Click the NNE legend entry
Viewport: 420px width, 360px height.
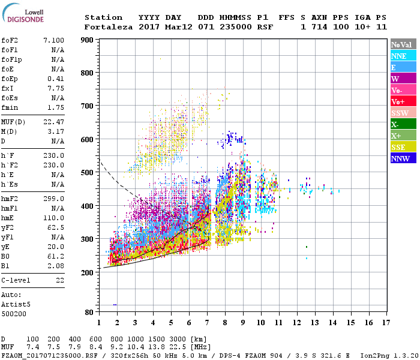coord(399,56)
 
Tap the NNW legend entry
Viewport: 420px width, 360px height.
coord(400,158)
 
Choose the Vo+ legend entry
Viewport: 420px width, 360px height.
coord(398,101)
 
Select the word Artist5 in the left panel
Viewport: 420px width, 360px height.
coord(16,305)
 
